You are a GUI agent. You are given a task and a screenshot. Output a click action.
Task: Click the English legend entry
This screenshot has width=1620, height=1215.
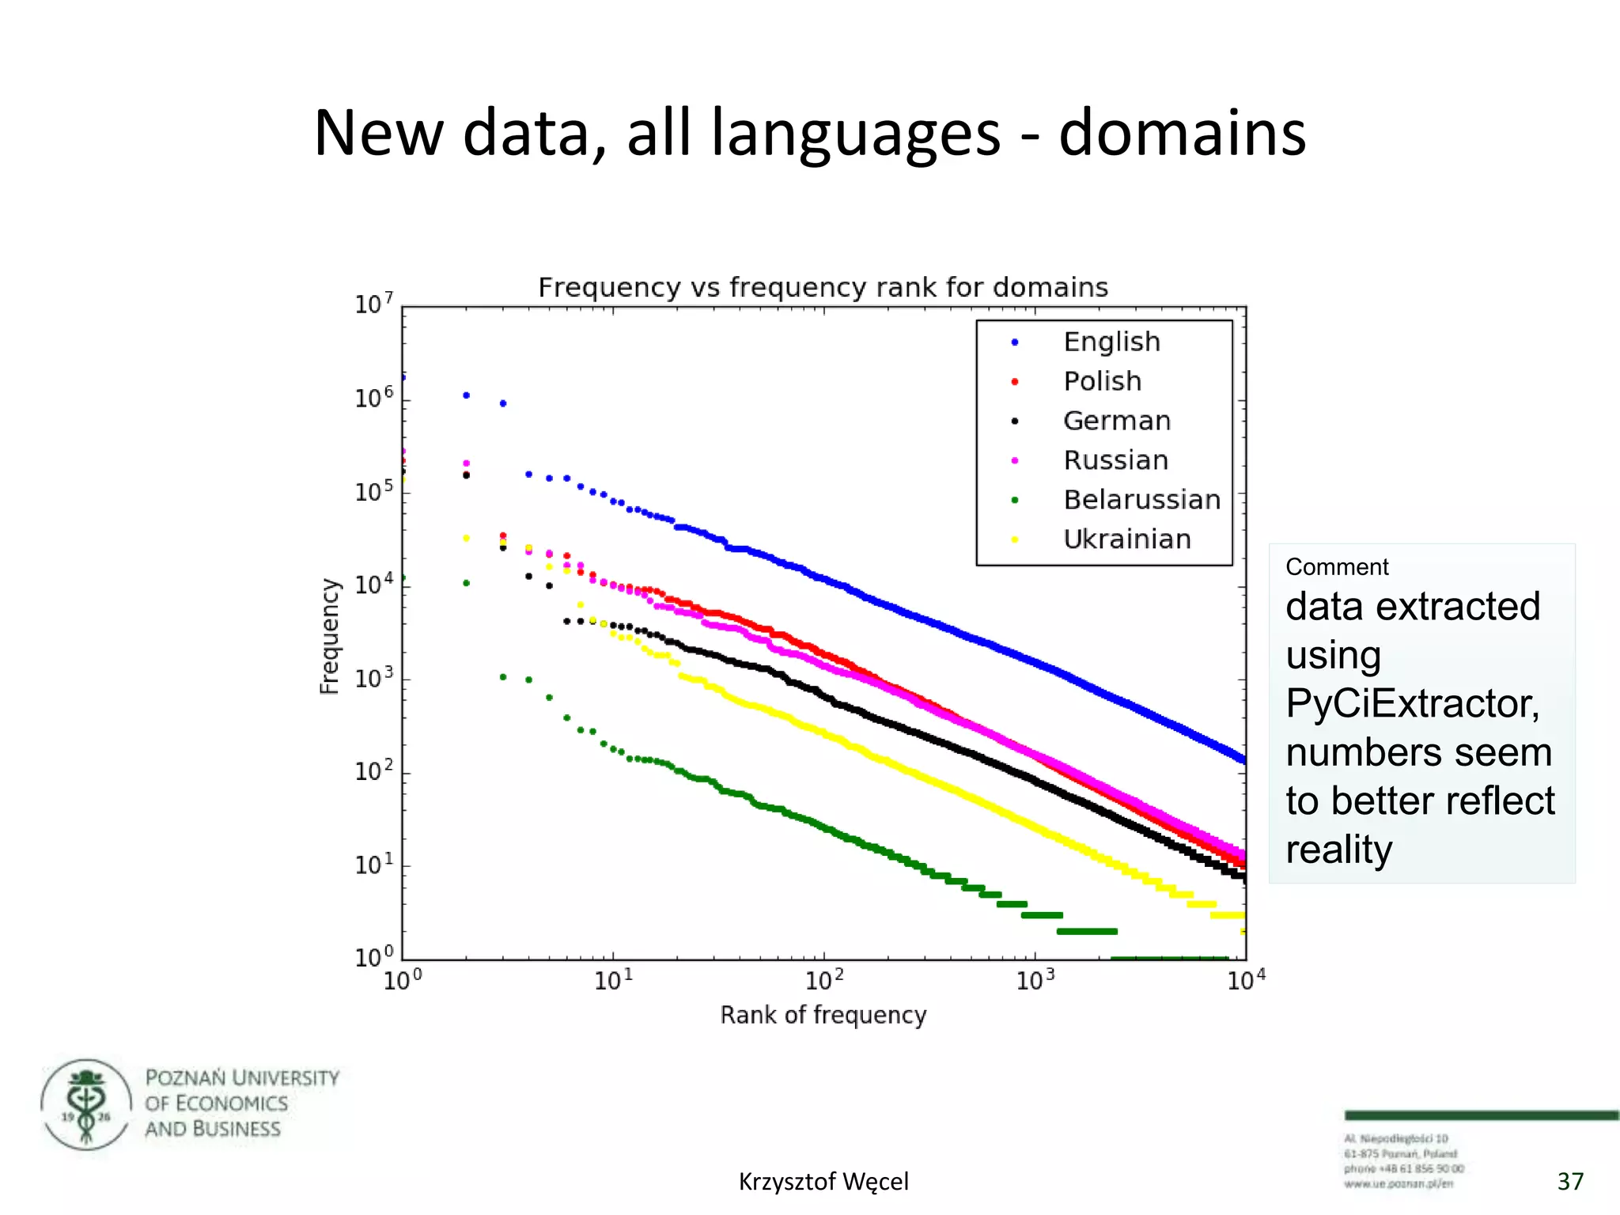1111,342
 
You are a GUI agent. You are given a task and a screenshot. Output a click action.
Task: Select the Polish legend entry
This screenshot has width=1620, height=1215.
1102,381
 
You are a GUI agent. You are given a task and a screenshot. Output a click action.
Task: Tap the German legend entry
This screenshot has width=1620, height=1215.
1116,421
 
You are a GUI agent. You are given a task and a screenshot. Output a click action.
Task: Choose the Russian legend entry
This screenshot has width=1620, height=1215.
1115,460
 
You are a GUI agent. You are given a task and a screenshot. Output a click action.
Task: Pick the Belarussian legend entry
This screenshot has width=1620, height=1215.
1141,500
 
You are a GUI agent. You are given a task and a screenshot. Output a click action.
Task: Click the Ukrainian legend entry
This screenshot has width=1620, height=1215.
1126,539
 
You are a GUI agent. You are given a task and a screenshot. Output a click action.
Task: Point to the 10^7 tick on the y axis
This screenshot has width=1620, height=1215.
373,304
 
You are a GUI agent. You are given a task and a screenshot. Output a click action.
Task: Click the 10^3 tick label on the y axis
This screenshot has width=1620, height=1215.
373,679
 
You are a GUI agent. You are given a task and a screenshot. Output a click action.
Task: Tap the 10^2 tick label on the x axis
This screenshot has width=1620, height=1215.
823,981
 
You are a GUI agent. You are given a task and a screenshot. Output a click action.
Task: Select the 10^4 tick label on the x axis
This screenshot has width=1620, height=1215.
1246,981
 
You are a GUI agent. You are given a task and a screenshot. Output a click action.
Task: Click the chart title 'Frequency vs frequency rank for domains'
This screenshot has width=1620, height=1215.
823,287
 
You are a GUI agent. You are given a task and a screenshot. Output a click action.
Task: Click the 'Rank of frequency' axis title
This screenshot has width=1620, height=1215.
823,1015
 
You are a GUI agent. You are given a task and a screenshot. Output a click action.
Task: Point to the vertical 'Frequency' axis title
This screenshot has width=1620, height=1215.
329,636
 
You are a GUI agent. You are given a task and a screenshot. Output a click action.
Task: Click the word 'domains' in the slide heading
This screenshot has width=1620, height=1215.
1182,133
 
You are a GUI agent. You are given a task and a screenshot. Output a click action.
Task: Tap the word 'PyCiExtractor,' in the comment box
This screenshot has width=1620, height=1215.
1413,703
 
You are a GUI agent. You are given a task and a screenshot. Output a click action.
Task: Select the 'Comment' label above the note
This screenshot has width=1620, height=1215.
1337,567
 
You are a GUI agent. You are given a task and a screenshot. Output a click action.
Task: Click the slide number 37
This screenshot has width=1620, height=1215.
1570,1182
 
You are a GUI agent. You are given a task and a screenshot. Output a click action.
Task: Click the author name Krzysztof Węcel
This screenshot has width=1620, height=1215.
823,1182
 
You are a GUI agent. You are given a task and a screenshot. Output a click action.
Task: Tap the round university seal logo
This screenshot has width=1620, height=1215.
86,1104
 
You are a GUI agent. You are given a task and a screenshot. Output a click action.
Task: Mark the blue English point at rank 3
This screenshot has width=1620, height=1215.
503,403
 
